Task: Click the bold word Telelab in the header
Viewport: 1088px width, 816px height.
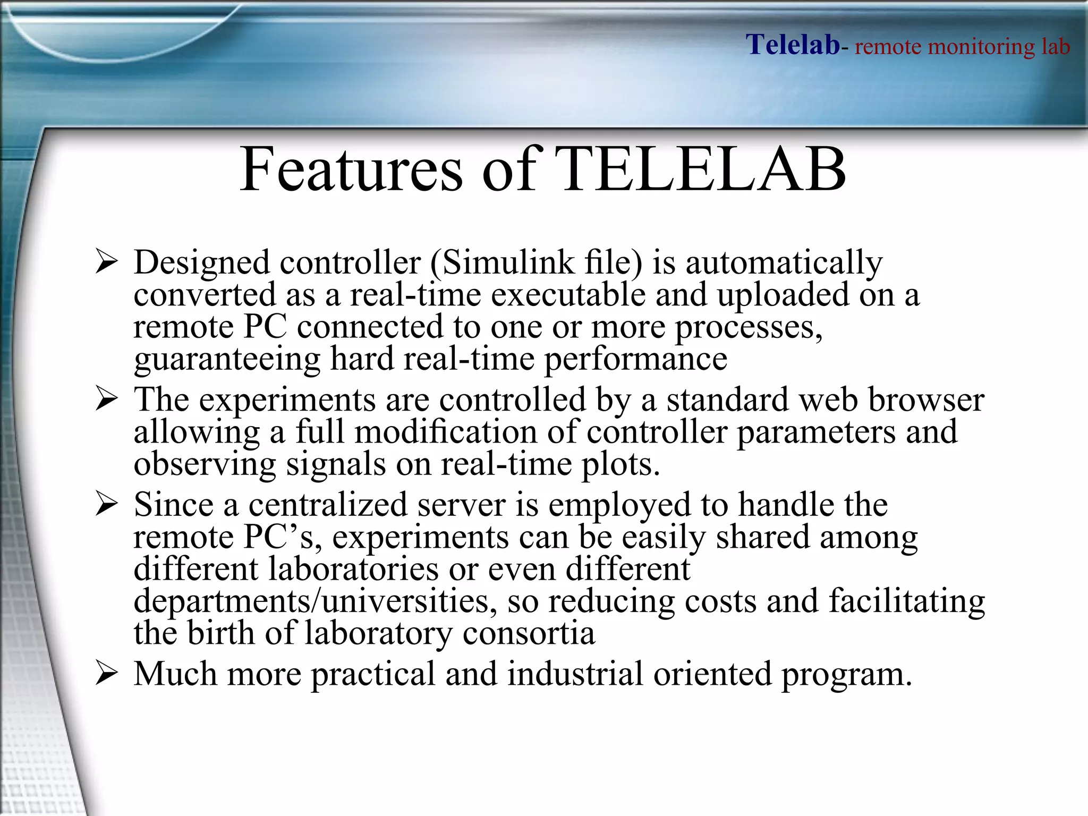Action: [x=793, y=45]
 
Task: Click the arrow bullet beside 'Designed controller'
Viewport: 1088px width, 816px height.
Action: [x=106, y=262]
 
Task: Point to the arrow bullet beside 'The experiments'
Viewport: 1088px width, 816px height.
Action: [x=106, y=399]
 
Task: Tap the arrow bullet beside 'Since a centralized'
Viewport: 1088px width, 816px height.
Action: [x=106, y=505]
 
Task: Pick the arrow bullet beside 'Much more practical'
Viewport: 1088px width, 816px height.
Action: [x=106, y=674]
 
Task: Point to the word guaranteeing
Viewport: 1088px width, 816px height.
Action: [x=227, y=360]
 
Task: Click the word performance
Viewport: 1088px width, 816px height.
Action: [x=635, y=360]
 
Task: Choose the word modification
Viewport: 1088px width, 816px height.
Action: [x=446, y=432]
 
